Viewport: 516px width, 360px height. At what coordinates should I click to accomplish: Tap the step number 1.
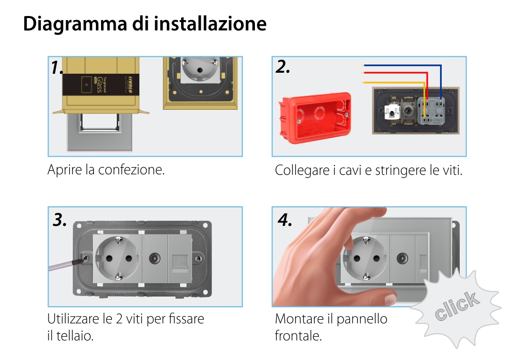pyautogui.click(x=57, y=68)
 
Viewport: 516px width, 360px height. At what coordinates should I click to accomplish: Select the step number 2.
pyautogui.click(x=283, y=67)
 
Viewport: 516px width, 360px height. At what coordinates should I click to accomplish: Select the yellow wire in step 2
pyautogui.click(x=392, y=82)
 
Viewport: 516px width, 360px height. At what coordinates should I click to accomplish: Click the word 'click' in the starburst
pyautogui.click(x=456, y=306)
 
